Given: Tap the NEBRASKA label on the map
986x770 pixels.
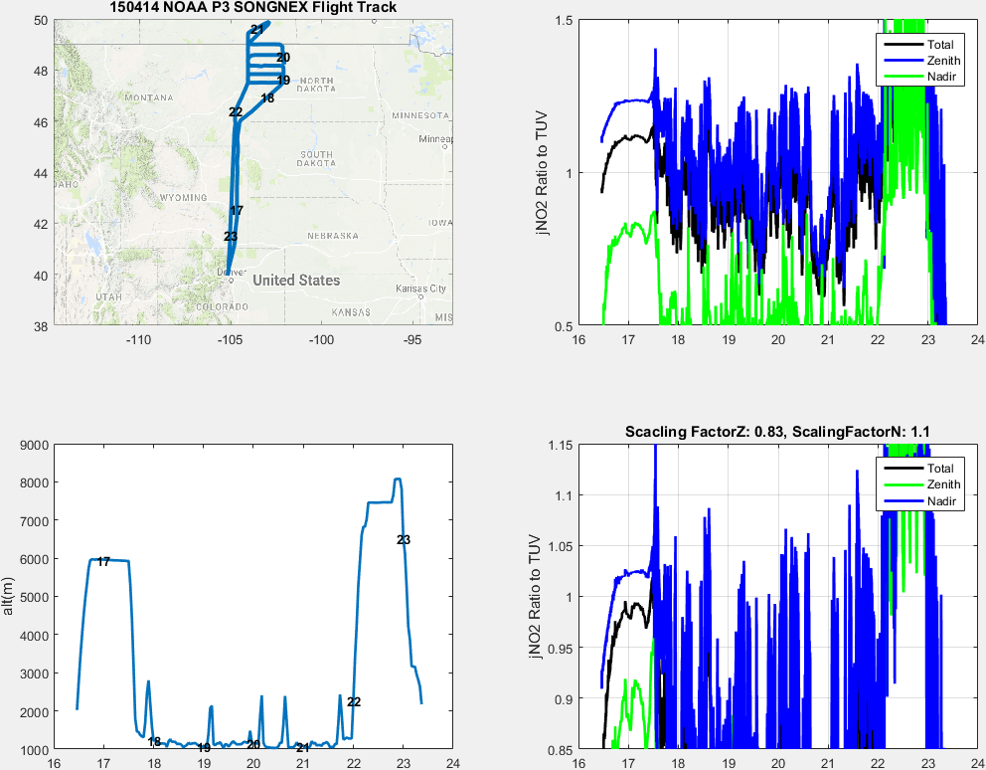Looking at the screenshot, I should coord(332,236).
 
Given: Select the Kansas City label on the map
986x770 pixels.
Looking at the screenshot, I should coord(420,289).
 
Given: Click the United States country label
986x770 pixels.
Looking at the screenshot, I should coord(296,281).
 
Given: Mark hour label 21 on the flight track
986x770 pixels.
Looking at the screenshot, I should coord(257,29).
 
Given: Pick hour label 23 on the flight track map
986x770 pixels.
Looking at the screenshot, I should coord(231,236).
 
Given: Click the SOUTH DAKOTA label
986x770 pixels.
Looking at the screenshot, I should coord(317,158).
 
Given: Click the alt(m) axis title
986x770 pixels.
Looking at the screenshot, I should coord(10,596).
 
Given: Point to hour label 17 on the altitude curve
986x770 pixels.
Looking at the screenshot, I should coord(103,562).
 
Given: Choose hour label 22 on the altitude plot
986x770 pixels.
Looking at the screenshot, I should coord(353,701).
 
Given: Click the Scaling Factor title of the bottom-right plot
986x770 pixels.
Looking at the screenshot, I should coord(777,432).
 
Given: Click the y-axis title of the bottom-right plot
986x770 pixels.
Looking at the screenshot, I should coord(538,596).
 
